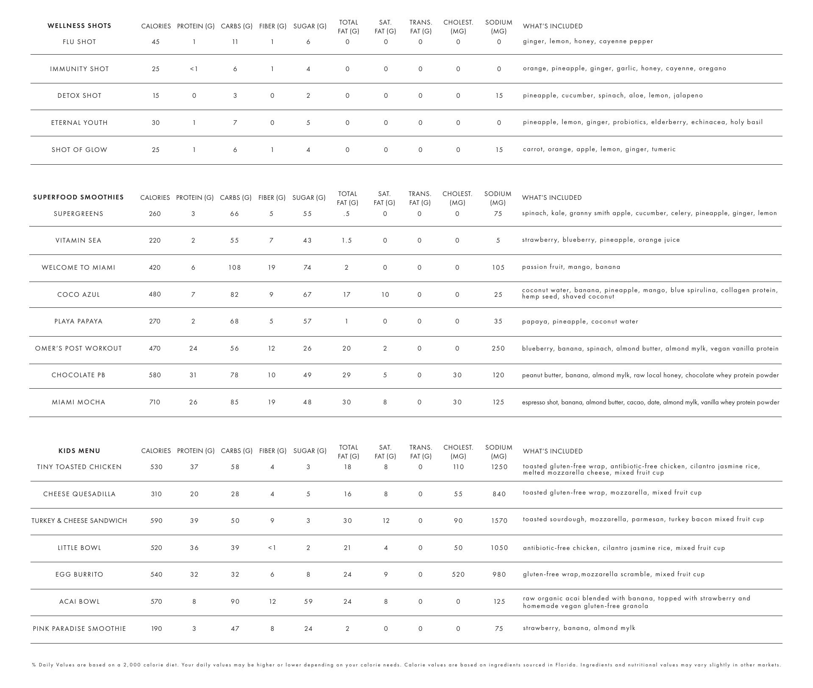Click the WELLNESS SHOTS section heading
click(79, 26)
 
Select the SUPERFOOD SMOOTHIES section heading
click(78, 197)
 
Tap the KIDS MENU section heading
click(79, 451)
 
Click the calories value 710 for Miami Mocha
click(155, 402)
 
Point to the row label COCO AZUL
click(78, 295)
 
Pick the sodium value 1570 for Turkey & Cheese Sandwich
click(499, 521)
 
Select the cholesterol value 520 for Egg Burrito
click(458, 575)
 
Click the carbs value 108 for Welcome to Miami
click(234, 268)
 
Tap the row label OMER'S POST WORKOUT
click(78, 348)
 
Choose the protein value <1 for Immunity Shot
click(194, 69)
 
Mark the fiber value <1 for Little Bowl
click(272, 548)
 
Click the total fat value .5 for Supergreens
click(346, 214)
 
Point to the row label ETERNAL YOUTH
click(79, 123)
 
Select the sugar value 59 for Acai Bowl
click(308, 602)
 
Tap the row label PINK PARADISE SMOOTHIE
click(79, 629)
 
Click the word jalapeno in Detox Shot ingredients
click(688, 96)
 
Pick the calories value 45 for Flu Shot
click(155, 42)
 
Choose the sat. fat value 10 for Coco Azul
click(384, 295)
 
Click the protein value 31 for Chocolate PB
click(193, 375)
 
